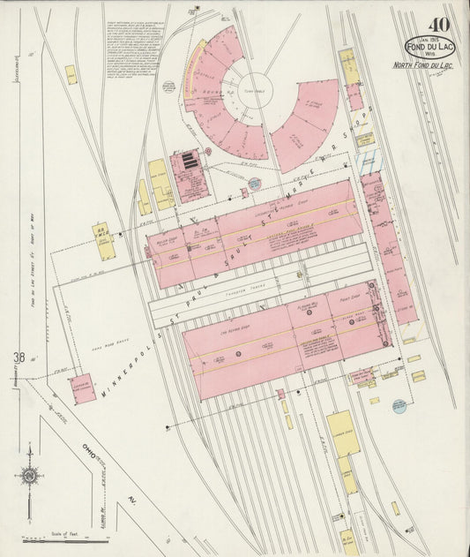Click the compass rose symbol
pyautogui.click(x=30, y=476)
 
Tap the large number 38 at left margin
pyautogui.click(x=19, y=358)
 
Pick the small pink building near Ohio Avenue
pyautogui.click(x=83, y=388)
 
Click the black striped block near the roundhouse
pyautogui.click(x=188, y=164)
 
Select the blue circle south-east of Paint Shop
pyautogui.click(x=399, y=406)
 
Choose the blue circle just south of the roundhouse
pyautogui.click(x=254, y=184)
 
